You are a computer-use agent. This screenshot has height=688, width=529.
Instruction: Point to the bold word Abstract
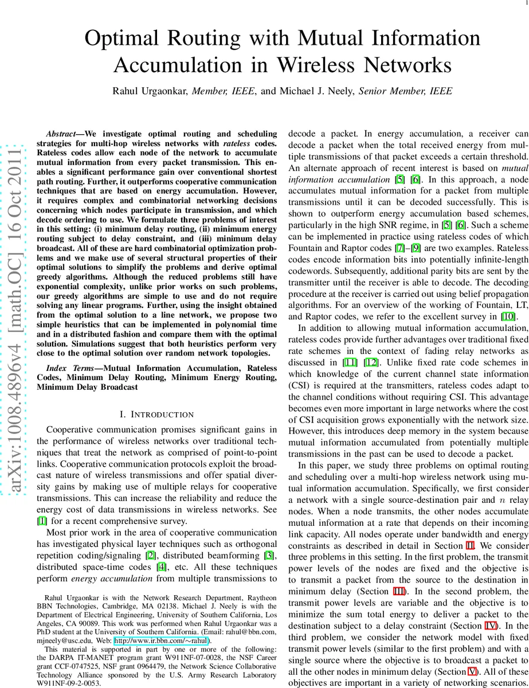pos(62,132)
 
